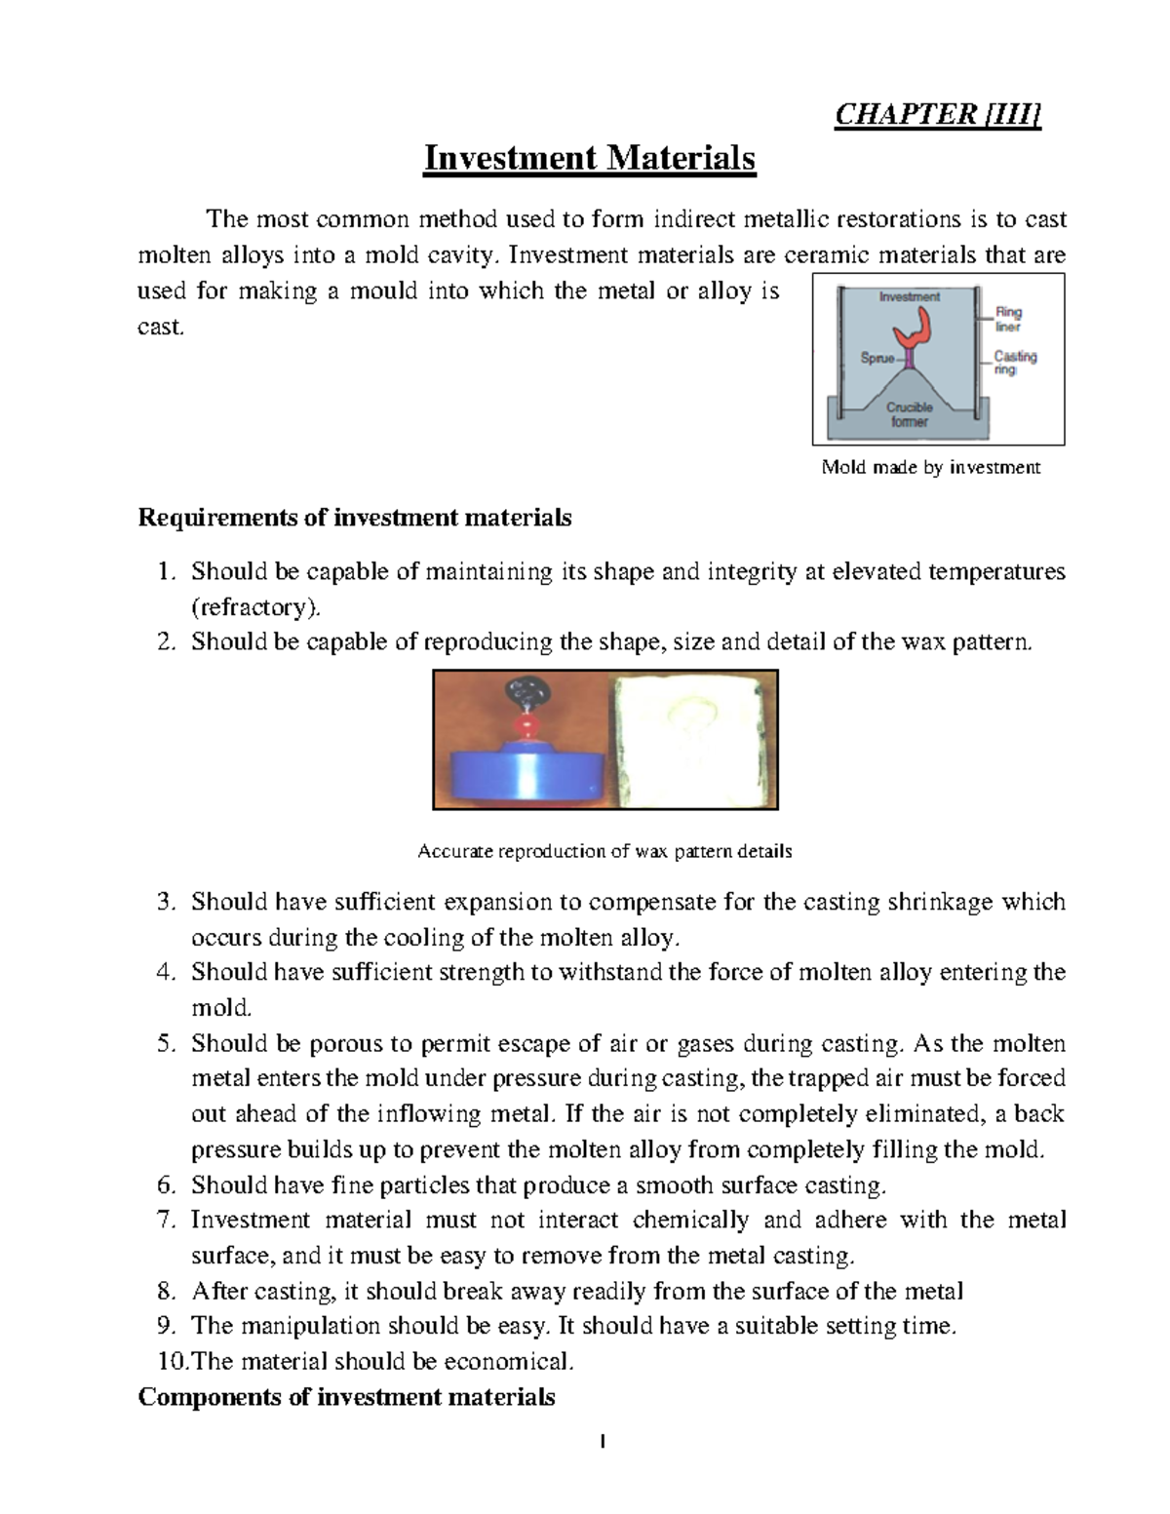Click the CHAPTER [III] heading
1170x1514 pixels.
(x=938, y=115)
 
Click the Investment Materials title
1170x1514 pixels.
(x=589, y=158)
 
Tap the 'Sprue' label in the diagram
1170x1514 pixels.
(x=877, y=358)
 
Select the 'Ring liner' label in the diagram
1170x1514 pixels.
(x=1008, y=320)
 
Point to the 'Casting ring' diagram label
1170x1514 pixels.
(x=1015, y=363)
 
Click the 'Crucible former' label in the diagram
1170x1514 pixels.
(x=909, y=414)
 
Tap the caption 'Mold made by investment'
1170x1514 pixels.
(x=931, y=467)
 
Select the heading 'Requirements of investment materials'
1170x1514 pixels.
(x=355, y=517)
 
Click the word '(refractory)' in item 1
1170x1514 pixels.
(x=254, y=607)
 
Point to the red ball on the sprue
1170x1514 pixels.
(x=527, y=726)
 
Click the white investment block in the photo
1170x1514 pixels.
(x=692, y=741)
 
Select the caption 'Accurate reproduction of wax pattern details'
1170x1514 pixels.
(x=604, y=851)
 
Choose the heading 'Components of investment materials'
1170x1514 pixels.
(x=346, y=1397)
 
